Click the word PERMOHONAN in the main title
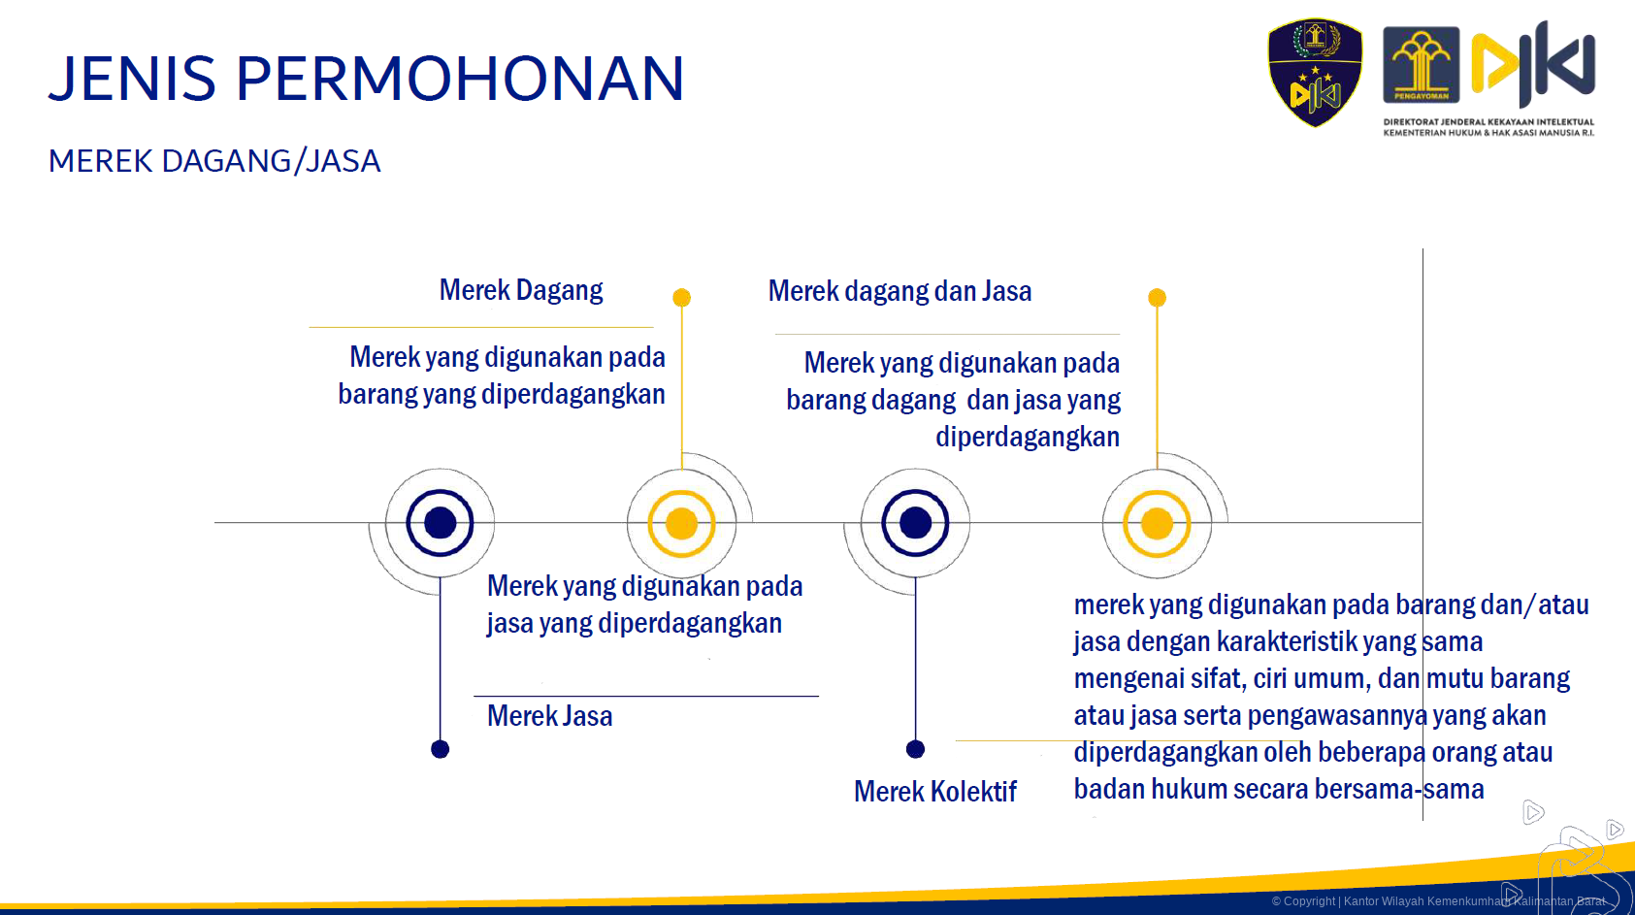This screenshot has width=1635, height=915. click(460, 78)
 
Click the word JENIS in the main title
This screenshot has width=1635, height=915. click(132, 78)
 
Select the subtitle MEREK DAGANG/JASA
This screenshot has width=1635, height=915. click(214, 161)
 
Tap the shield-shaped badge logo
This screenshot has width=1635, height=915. click(1315, 73)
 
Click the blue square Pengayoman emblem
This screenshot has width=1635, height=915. click(1422, 65)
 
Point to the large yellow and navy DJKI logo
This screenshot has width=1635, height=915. click(1533, 64)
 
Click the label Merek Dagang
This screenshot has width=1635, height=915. click(520, 290)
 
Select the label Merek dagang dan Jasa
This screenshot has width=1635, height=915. click(900, 291)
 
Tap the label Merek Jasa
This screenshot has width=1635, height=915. click(549, 716)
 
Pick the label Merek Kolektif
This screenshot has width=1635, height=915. click(935, 792)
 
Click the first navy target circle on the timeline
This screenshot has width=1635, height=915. click(441, 523)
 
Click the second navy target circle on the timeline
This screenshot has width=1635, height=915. click(915, 523)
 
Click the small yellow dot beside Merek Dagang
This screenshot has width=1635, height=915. click(682, 298)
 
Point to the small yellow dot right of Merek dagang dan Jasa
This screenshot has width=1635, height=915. click(1157, 298)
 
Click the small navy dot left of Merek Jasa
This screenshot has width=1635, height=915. click(441, 749)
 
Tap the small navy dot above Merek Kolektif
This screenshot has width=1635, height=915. click(915, 749)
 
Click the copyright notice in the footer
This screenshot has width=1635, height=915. click(1438, 901)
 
